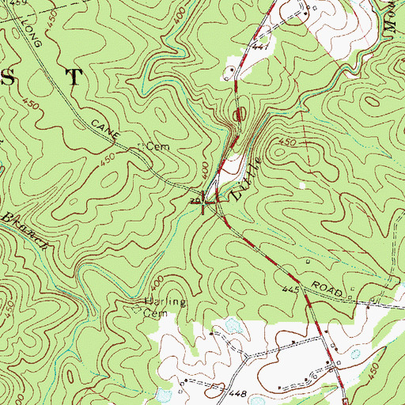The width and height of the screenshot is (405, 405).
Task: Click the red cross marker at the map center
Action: pyautogui.click(x=205, y=202)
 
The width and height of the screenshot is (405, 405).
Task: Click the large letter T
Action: pyautogui.click(x=73, y=77)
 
